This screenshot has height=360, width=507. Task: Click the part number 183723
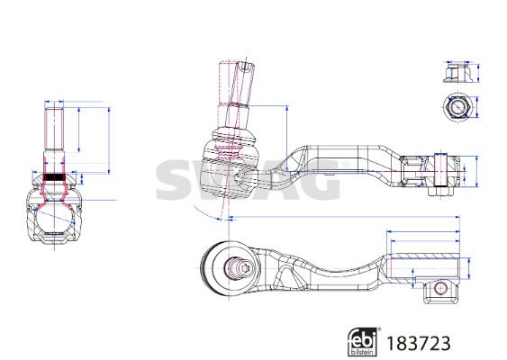coord(419,343)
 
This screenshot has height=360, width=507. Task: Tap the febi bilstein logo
coord(363,342)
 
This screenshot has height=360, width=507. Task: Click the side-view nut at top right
coord(457,74)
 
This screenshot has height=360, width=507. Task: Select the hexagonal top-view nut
coord(457,107)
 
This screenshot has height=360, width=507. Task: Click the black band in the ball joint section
coord(54,177)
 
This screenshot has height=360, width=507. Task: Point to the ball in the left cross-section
coord(54,218)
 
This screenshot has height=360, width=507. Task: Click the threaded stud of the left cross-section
coord(54,129)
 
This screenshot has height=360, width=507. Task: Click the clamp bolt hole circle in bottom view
coord(440,287)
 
